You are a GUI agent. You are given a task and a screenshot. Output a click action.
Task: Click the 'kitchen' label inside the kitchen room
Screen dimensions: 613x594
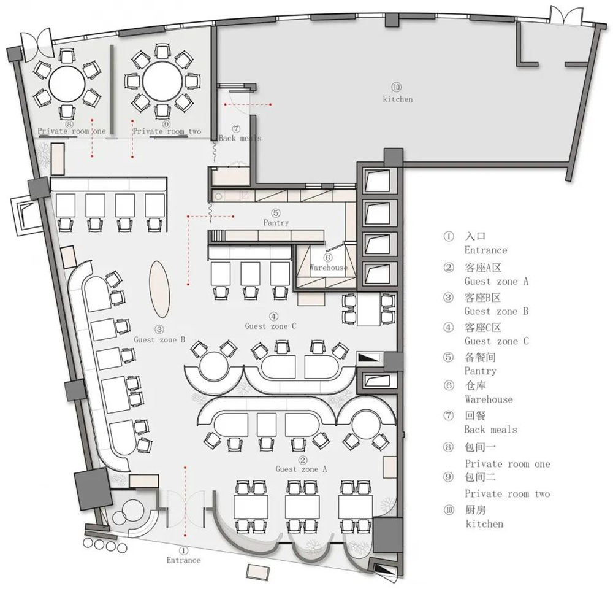398,99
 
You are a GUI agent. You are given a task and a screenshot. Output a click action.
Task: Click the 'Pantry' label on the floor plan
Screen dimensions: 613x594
276,223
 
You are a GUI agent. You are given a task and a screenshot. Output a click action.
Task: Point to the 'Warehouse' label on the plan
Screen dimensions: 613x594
329,268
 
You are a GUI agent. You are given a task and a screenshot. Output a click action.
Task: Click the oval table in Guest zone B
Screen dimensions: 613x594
159,289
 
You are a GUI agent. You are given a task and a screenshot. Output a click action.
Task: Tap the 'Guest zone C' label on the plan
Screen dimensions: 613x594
270,326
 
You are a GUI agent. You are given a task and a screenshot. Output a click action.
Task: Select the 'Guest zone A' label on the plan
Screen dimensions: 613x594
301,469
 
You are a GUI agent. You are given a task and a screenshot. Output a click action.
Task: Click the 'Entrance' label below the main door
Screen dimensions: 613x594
183,560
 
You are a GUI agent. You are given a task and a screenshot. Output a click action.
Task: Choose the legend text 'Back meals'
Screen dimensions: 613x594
490,430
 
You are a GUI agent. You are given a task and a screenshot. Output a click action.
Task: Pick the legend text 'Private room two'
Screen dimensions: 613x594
508,494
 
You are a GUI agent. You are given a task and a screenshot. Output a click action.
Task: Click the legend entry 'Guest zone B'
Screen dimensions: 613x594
497,312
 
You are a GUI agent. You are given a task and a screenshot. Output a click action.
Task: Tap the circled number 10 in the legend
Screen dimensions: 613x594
449,509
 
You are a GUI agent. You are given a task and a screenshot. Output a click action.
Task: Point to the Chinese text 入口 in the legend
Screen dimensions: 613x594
475,236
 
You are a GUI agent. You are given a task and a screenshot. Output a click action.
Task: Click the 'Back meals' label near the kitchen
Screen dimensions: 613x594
240,138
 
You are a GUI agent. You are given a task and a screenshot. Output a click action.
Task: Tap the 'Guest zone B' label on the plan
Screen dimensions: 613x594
159,340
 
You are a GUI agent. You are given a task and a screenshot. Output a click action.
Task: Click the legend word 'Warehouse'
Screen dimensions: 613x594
489,399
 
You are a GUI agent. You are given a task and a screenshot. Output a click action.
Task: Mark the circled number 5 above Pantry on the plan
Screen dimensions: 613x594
276,213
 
